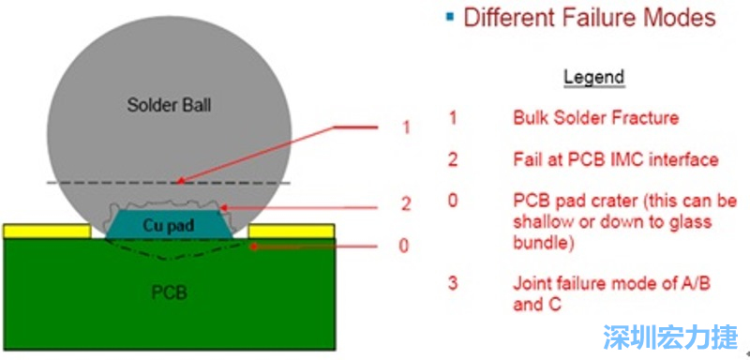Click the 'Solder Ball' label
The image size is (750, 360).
point(169,105)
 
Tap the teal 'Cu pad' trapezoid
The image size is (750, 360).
point(169,224)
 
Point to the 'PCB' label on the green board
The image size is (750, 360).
point(169,292)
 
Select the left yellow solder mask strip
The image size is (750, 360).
point(47,231)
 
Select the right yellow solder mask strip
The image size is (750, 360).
point(292,231)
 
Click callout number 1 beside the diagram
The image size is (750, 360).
point(406,127)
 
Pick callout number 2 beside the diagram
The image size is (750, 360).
point(406,204)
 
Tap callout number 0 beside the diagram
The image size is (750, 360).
point(404,246)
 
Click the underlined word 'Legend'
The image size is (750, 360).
point(594,77)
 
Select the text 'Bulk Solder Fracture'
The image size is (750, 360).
point(596,117)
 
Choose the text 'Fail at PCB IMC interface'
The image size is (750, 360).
point(616,158)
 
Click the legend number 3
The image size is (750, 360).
point(453,283)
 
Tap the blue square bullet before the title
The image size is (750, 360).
point(449,17)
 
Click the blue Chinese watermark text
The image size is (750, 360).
point(670,337)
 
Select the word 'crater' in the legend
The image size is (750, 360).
point(613,201)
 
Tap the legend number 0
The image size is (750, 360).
point(453,201)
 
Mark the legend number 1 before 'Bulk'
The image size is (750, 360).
point(453,117)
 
